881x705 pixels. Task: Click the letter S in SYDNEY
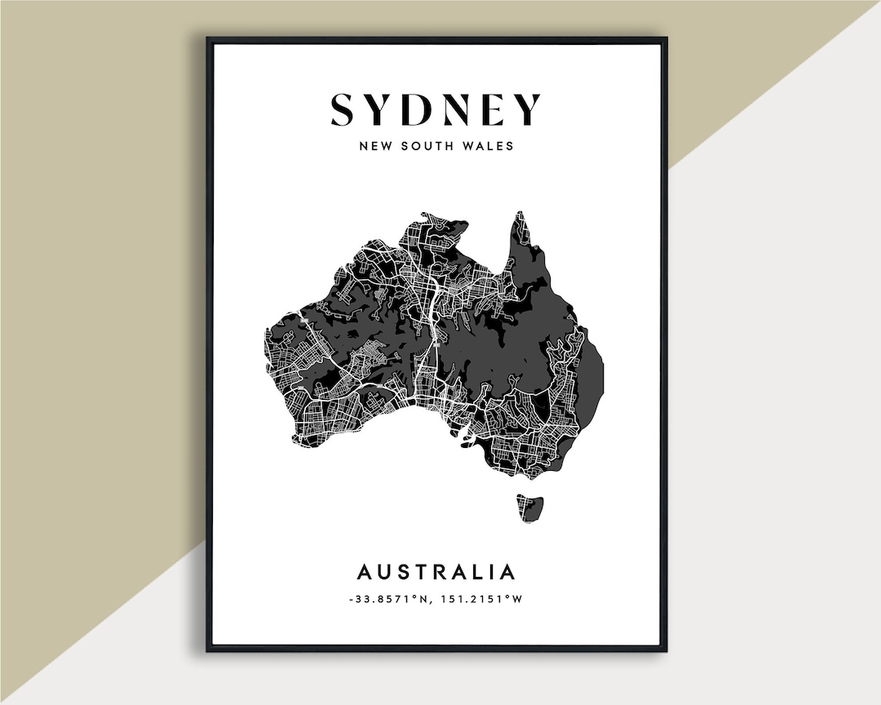(x=343, y=110)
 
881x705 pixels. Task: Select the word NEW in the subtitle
(x=374, y=146)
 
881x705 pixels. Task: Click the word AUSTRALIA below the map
(x=436, y=571)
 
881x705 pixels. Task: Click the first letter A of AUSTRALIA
(x=365, y=571)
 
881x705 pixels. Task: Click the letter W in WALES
(x=467, y=146)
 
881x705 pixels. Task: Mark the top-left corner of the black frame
(x=208, y=38)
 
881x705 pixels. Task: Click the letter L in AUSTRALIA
(x=471, y=571)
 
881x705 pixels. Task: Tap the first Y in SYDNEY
(x=378, y=110)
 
